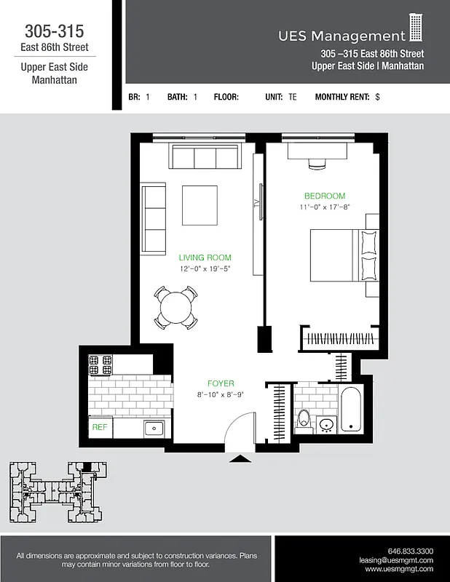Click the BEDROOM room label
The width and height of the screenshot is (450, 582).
(x=324, y=196)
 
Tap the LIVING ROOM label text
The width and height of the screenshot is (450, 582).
(x=205, y=258)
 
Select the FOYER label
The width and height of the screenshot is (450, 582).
(x=221, y=383)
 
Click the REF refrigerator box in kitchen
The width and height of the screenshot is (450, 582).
(x=99, y=428)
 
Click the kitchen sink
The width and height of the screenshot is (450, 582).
(x=154, y=428)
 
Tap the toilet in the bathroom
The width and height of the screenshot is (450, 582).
(x=304, y=421)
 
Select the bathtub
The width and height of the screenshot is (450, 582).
(x=350, y=409)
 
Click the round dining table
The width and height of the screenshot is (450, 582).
(x=175, y=307)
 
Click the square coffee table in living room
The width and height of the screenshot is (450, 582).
(x=199, y=205)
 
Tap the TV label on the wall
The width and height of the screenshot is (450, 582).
(x=256, y=204)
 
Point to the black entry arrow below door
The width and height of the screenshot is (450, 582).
(x=237, y=458)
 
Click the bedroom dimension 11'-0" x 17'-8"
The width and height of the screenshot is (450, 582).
(x=324, y=207)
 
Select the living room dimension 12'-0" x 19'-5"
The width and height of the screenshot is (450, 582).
(x=205, y=268)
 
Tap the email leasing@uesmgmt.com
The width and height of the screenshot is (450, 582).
(x=396, y=560)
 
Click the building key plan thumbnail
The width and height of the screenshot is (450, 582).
(x=55, y=492)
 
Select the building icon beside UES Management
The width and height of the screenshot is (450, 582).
(x=416, y=28)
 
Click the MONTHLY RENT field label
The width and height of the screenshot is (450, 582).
(x=342, y=97)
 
